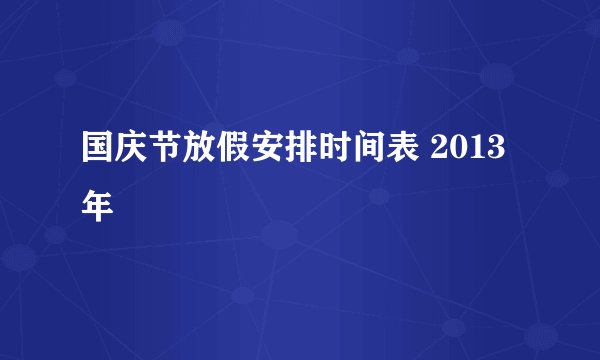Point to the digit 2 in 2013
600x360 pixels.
[441, 152]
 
